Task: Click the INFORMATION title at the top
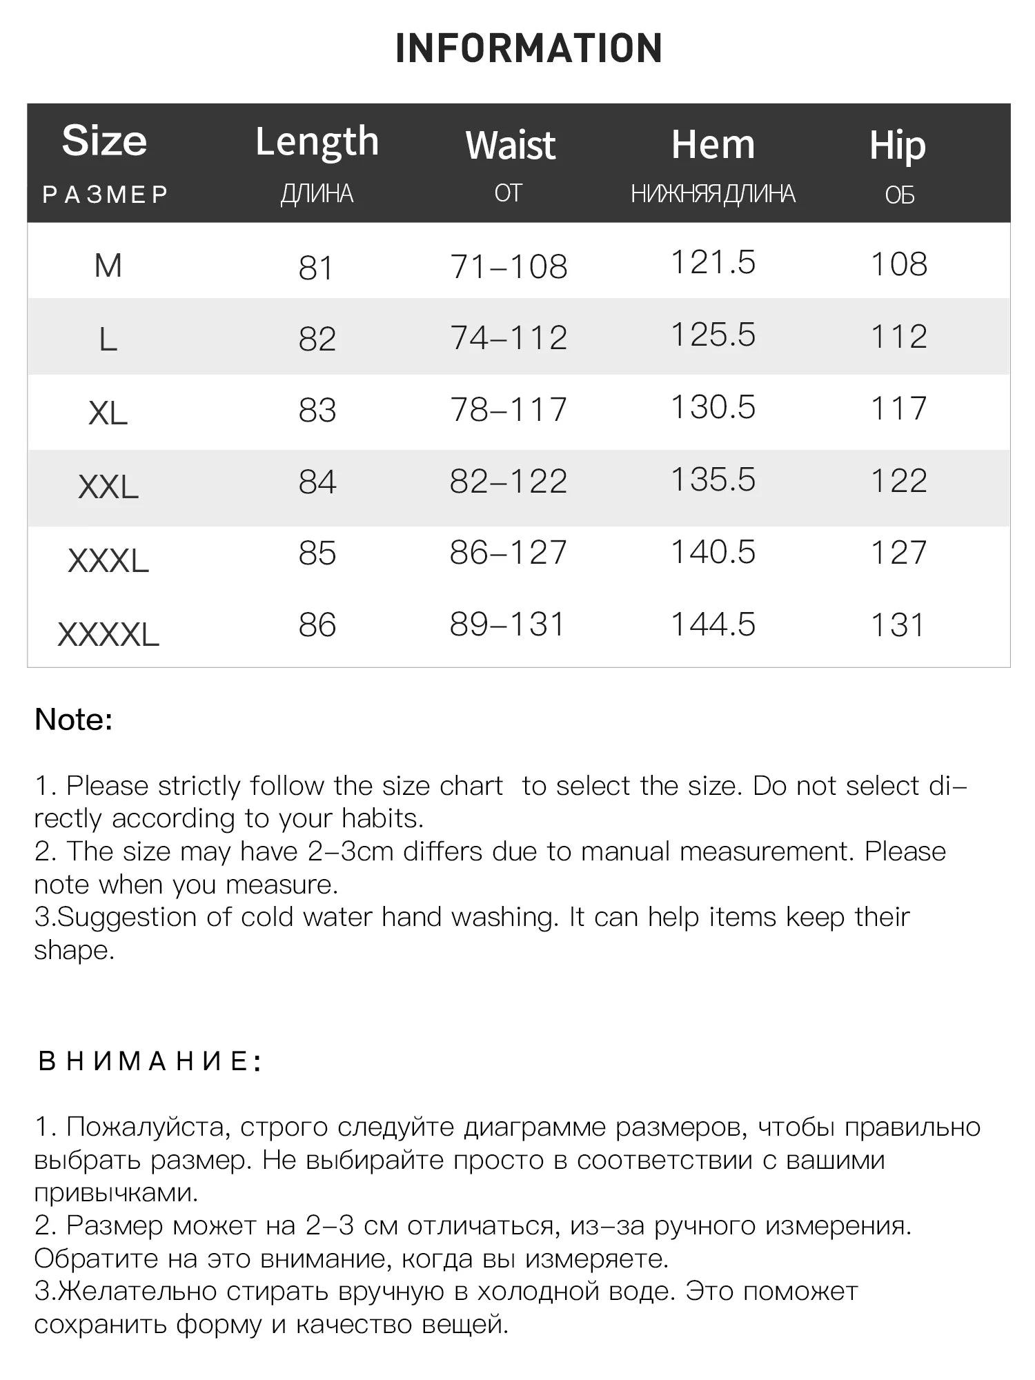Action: click(x=529, y=48)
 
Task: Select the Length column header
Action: click(x=317, y=142)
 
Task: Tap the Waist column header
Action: click(x=510, y=146)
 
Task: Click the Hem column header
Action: click(x=713, y=145)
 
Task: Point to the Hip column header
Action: click(x=897, y=146)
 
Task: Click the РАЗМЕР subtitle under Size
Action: click(x=106, y=195)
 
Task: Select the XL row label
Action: click(x=108, y=413)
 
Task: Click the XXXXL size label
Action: click(x=108, y=634)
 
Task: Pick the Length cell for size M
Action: click(x=316, y=268)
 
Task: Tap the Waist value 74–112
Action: click(x=509, y=338)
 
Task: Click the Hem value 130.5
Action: click(x=713, y=407)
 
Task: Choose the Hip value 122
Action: click(x=898, y=481)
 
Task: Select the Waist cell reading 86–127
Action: click(x=508, y=553)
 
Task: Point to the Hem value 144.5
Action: click(x=713, y=624)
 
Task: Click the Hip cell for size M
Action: click(x=898, y=264)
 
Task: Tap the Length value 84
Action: click(x=317, y=482)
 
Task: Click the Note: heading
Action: click(x=74, y=720)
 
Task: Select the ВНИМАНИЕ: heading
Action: click(x=150, y=1061)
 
